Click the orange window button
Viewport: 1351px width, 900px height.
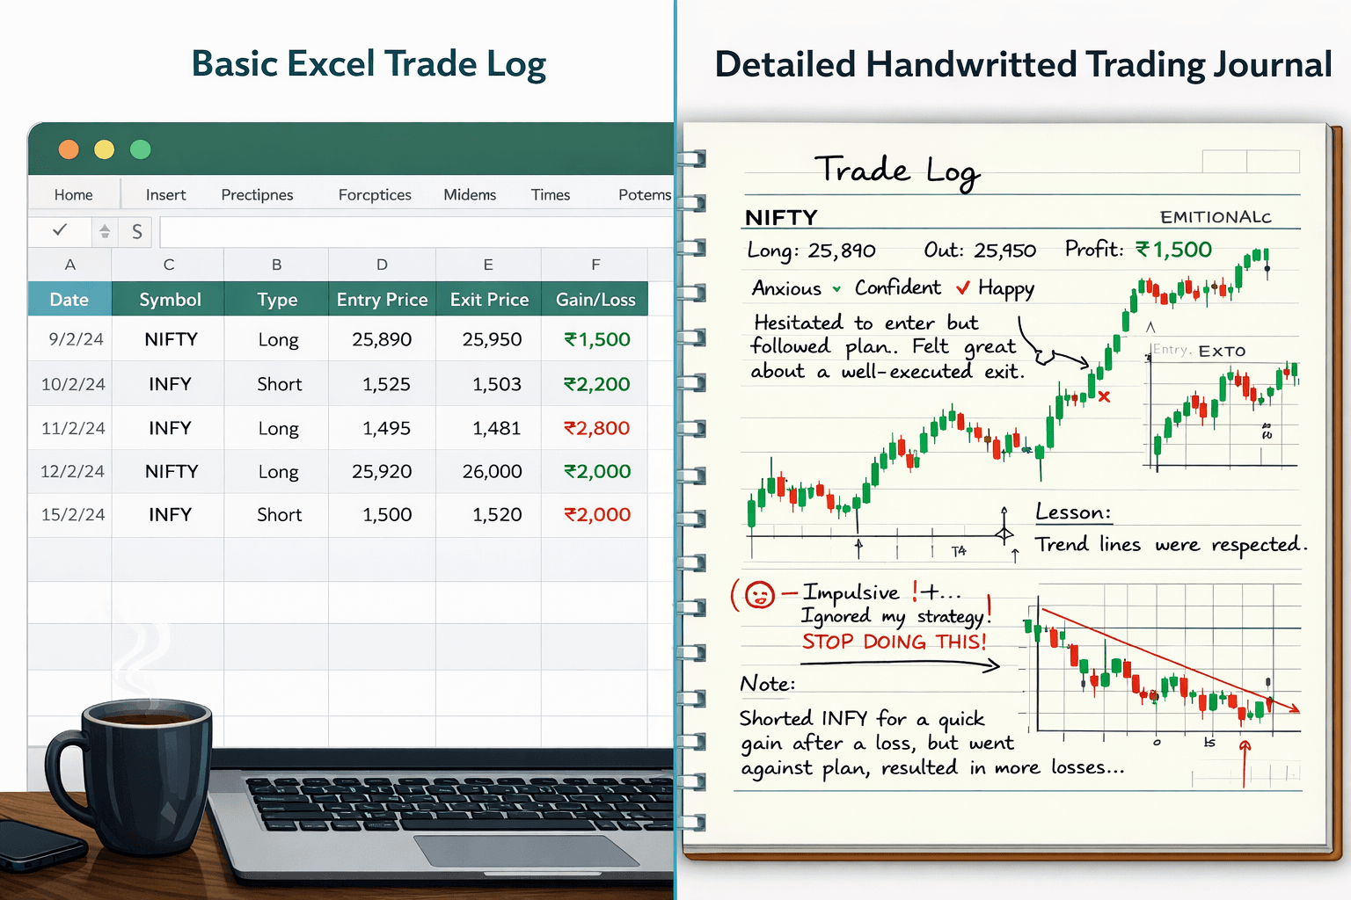point(69,149)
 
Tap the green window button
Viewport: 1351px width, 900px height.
point(141,149)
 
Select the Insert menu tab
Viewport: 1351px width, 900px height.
point(165,195)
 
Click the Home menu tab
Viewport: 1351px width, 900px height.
point(73,195)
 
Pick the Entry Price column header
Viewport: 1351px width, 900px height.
point(382,300)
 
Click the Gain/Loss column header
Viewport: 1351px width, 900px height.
point(595,300)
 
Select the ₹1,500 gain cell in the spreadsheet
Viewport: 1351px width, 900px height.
point(597,339)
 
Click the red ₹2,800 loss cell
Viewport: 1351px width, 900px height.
point(597,428)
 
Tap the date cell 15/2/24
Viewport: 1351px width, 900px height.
point(73,515)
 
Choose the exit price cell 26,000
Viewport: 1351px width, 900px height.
point(493,472)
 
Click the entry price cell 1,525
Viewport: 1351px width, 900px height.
point(386,384)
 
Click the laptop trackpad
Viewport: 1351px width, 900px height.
point(526,851)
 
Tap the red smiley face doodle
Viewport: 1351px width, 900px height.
point(759,595)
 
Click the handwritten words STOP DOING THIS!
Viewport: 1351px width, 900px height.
point(894,642)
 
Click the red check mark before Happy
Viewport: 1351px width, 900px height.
point(963,288)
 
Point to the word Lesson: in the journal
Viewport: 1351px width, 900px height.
point(1073,512)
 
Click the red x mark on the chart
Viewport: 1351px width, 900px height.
point(1104,396)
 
